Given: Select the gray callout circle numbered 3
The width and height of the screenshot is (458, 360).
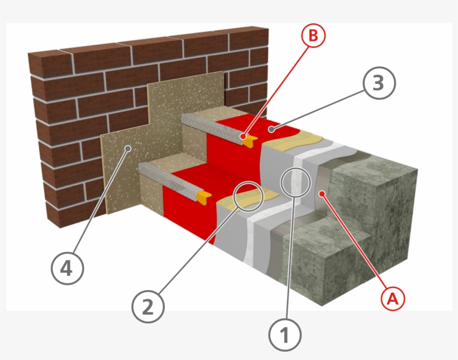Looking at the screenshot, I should coord(378,84).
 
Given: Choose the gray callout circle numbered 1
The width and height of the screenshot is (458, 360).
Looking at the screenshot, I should coord(285,335).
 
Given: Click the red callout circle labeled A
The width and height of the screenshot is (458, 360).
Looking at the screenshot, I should coord(392,299).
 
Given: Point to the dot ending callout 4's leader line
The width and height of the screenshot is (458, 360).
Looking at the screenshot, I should coord(128,148).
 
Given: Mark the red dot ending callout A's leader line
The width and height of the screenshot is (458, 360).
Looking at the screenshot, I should coord(322,193).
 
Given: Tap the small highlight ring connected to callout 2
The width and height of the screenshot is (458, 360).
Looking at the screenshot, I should coord(249,196).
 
